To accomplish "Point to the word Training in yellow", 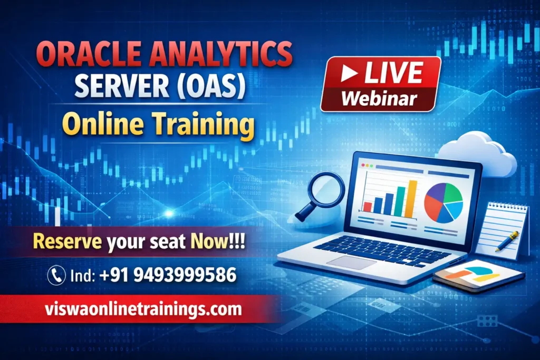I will point(209,125).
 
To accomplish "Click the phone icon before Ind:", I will point(56,275).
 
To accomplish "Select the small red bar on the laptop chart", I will point(367,206).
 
